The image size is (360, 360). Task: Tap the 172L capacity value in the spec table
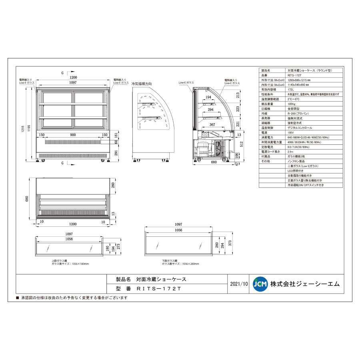click(x=291, y=90)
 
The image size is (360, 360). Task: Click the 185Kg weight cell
click(x=292, y=104)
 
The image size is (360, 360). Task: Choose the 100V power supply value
click(x=291, y=132)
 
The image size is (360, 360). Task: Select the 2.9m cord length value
click(x=290, y=151)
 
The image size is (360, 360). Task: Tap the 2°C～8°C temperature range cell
click(x=294, y=99)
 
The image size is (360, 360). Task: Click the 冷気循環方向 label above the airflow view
click(x=142, y=84)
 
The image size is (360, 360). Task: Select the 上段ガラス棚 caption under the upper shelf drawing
click(x=59, y=261)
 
